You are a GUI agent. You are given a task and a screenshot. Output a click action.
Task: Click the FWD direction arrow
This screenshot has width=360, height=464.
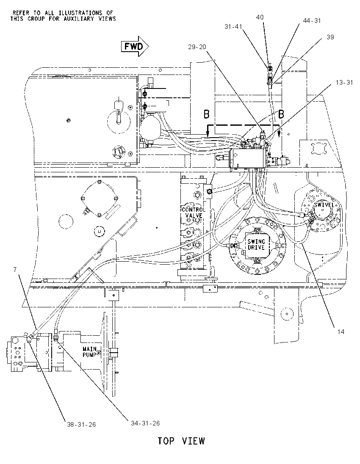[135, 46]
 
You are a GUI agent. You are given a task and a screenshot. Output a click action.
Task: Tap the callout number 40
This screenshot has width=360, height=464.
[260, 17]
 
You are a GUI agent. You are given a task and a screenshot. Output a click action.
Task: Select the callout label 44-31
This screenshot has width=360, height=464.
[312, 21]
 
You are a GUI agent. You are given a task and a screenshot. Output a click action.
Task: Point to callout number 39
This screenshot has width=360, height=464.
[330, 37]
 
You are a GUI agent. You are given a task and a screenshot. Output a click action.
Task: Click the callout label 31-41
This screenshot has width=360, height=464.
[233, 27]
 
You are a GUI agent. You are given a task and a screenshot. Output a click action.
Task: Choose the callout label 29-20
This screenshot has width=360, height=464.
[197, 47]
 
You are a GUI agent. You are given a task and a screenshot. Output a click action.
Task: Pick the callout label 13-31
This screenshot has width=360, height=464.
[344, 82]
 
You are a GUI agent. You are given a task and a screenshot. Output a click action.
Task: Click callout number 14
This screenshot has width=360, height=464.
[341, 332]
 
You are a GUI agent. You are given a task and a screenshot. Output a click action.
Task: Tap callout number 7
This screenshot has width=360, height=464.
[15, 270]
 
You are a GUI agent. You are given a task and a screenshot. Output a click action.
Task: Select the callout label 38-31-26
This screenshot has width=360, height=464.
[81, 424]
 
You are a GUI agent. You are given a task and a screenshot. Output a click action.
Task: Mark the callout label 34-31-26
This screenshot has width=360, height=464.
[145, 423]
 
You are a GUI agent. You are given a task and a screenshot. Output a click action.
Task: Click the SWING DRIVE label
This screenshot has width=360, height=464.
[256, 244]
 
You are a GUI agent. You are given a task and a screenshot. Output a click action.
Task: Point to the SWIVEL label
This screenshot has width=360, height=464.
[324, 205]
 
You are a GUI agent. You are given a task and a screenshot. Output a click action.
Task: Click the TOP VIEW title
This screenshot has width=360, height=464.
[181, 441]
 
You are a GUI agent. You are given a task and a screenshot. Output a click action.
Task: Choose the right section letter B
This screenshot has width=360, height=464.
[281, 113]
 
